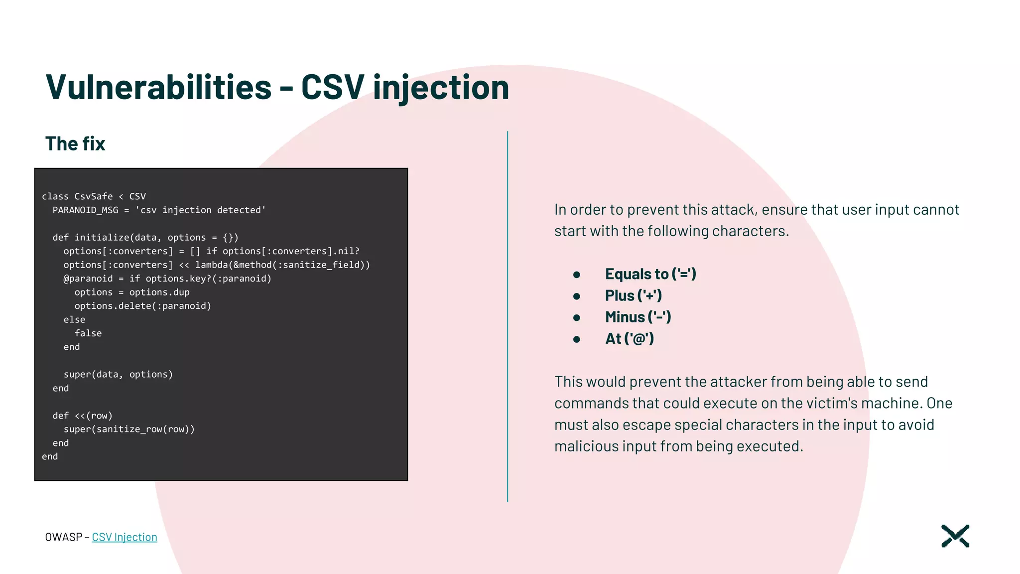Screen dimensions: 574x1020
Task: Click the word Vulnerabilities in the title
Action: click(158, 87)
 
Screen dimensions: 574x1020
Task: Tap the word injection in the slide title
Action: click(441, 87)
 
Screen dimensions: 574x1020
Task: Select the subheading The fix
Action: click(75, 143)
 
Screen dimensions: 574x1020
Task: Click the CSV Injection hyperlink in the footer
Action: click(125, 537)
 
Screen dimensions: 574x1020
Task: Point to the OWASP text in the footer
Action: click(63, 537)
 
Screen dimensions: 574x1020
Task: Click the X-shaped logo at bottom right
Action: click(955, 536)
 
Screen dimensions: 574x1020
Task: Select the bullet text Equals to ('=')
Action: click(650, 274)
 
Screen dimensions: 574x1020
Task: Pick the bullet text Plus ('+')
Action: click(633, 295)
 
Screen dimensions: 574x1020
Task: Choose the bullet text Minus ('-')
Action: click(638, 317)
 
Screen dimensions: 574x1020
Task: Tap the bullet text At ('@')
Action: click(629, 339)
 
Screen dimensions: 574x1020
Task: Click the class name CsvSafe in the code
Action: click(94, 196)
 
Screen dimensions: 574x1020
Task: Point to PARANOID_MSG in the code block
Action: click(85, 210)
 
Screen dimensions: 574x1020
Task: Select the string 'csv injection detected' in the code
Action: click(200, 210)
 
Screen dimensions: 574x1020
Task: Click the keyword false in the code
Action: click(88, 333)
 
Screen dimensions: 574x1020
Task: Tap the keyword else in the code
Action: click(74, 319)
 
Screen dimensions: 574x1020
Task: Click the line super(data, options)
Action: click(118, 374)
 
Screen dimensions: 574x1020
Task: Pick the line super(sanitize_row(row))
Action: click(129, 429)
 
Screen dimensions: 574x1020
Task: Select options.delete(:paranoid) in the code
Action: click(142, 306)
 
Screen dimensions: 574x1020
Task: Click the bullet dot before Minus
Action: click(576, 317)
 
